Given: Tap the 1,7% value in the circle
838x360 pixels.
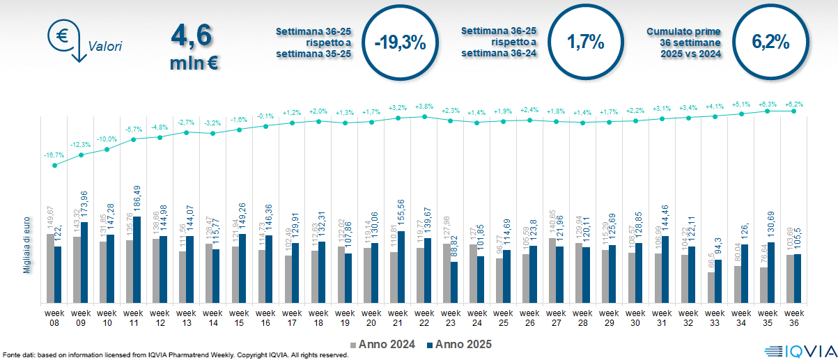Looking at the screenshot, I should [584, 42].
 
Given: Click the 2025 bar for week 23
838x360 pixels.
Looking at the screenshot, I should [454, 282].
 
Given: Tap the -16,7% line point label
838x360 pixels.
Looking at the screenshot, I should [53, 155].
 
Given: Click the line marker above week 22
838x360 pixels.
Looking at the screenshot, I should [424, 116].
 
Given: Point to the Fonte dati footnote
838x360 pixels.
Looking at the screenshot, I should [175, 355].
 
